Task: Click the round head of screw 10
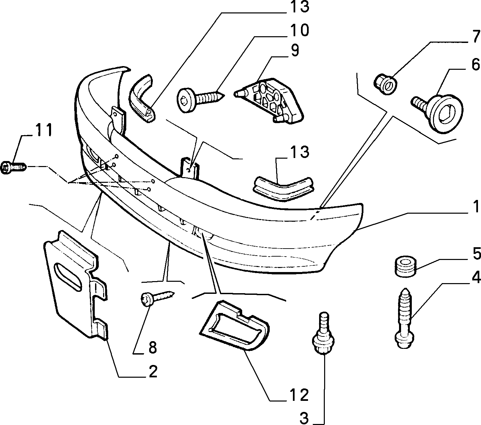(186, 100)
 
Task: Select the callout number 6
(476, 64)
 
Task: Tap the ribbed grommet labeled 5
(405, 266)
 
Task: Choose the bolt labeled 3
(323, 333)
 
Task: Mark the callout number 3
(304, 418)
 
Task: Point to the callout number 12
(299, 395)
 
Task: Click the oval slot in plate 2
(68, 276)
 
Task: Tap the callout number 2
(153, 372)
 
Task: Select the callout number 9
(295, 50)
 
